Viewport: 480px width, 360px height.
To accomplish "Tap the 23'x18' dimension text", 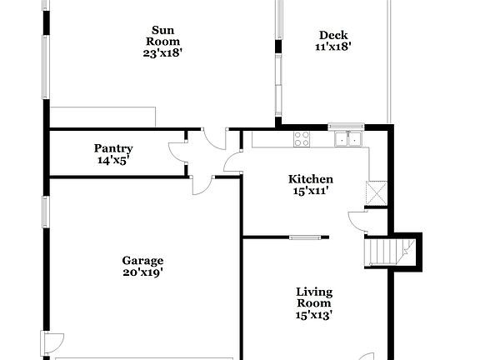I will pos(162,53).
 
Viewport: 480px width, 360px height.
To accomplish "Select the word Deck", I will pos(332,35).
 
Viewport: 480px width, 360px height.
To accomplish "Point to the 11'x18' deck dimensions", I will pos(332,47).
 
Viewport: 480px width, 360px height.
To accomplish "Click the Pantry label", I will pos(113,148).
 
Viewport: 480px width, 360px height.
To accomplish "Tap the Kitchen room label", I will pos(311,179).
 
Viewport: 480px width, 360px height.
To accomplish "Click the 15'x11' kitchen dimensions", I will pos(311,191).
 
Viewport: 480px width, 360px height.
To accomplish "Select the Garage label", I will pos(142,260).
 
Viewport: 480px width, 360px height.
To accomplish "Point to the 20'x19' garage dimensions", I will pos(142,272).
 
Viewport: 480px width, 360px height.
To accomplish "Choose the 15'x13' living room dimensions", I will pos(314,315).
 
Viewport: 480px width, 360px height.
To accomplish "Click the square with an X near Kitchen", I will pos(377,194).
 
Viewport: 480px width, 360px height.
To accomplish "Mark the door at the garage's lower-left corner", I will pos(52,341).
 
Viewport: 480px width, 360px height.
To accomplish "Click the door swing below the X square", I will pos(357,220).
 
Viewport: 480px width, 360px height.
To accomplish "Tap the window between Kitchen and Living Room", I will pos(309,237).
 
